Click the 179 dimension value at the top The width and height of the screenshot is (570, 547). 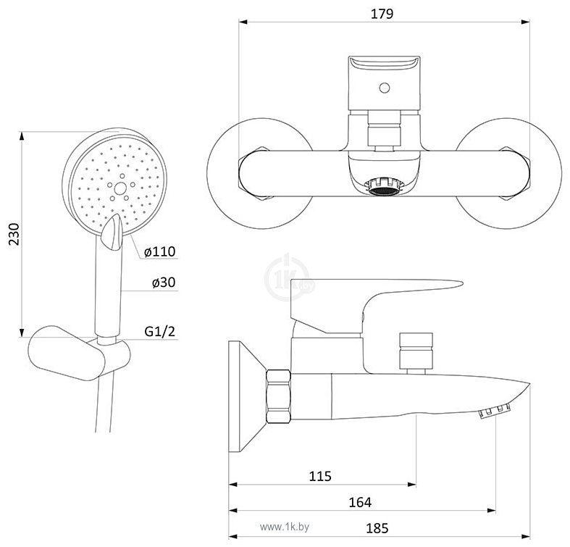(382, 14)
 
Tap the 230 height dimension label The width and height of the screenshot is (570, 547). (14, 234)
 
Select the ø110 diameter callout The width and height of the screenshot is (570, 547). (159, 251)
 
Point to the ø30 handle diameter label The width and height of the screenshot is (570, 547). (164, 283)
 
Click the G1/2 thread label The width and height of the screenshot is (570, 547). (159, 331)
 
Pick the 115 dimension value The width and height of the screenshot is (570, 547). (320, 476)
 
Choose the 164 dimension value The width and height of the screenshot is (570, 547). (360, 502)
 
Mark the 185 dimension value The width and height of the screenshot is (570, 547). (377, 528)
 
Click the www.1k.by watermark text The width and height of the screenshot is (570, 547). (285, 527)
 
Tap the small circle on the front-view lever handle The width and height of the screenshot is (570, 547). (385, 88)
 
